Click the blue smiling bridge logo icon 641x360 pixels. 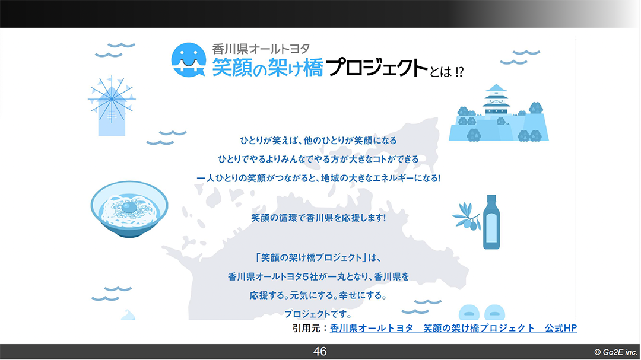[x=189, y=60]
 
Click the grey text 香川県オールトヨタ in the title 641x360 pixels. [x=261, y=49]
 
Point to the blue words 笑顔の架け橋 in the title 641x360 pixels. [x=268, y=68]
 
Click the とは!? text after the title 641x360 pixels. [x=447, y=72]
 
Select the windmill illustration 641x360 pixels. [x=111, y=106]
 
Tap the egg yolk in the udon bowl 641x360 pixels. [x=129, y=208]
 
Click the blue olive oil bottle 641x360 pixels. [x=491, y=222]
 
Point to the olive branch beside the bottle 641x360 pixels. [x=467, y=216]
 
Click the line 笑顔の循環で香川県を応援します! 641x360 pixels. [x=319, y=218]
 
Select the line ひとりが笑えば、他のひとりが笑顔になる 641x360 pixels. [x=319, y=141]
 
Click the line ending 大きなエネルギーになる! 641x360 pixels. [x=319, y=178]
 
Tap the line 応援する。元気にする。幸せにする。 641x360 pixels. [x=319, y=295]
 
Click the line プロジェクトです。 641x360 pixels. [x=319, y=314]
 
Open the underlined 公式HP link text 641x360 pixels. [x=561, y=328]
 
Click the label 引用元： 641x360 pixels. [x=310, y=328]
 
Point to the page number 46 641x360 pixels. [x=320, y=352]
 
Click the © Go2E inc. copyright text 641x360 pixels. [x=615, y=352]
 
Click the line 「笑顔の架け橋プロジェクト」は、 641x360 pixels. [x=319, y=257]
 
